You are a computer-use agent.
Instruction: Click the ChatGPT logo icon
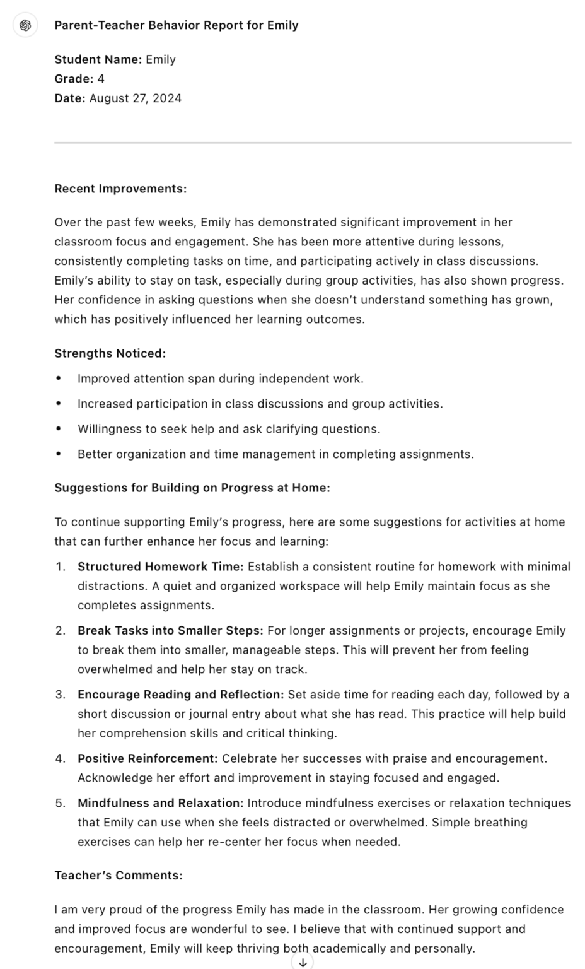pyautogui.click(x=26, y=25)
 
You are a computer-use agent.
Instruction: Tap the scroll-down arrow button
pyautogui.click(x=303, y=961)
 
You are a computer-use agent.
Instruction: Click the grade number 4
pyautogui.click(x=101, y=79)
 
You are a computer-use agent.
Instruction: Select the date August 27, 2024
pyautogui.click(x=136, y=98)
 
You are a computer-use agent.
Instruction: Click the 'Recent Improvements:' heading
pyautogui.click(x=120, y=189)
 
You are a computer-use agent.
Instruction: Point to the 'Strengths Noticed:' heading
pyautogui.click(x=110, y=353)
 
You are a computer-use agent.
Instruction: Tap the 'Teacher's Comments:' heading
pyautogui.click(x=119, y=876)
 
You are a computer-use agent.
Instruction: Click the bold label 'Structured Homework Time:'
pyautogui.click(x=160, y=567)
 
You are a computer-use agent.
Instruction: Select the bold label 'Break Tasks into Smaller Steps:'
pyautogui.click(x=170, y=631)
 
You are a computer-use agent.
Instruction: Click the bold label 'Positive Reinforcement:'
pyautogui.click(x=148, y=758)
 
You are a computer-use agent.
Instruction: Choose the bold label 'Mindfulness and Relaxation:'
pyautogui.click(x=160, y=803)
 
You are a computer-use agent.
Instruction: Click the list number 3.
pyautogui.click(x=60, y=695)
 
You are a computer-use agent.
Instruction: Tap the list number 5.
pyautogui.click(x=60, y=803)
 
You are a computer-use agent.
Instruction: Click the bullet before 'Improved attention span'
pyautogui.click(x=59, y=379)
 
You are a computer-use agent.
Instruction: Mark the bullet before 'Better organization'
pyautogui.click(x=59, y=454)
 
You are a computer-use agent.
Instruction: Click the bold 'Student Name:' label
pyautogui.click(x=98, y=60)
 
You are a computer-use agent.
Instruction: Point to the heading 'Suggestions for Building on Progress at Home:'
pyautogui.click(x=192, y=488)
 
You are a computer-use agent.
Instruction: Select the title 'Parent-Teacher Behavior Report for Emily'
pyautogui.click(x=177, y=25)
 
